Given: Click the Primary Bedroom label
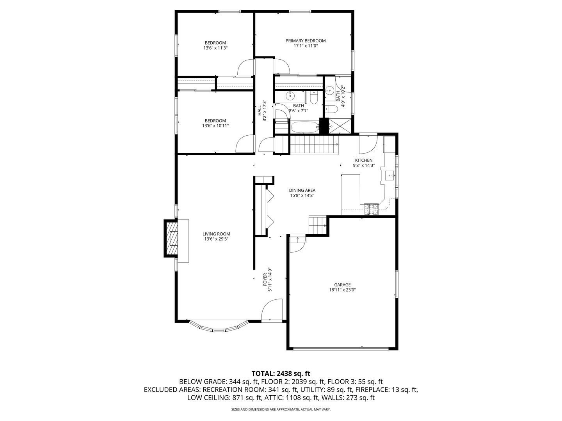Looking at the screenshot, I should [x=305, y=41].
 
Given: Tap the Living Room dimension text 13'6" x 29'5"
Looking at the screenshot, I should [x=216, y=239].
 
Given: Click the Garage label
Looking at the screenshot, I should [x=342, y=285].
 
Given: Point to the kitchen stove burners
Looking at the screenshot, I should [x=371, y=209].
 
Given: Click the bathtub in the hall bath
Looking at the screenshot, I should [x=304, y=127].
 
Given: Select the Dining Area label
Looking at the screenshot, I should [x=302, y=190].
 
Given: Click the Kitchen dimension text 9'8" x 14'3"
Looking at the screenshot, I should [x=363, y=165].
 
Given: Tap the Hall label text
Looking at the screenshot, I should [x=259, y=110].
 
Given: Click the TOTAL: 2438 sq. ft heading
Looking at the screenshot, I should [x=281, y=373].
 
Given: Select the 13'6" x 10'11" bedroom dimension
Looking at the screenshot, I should [x=215, y=126].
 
